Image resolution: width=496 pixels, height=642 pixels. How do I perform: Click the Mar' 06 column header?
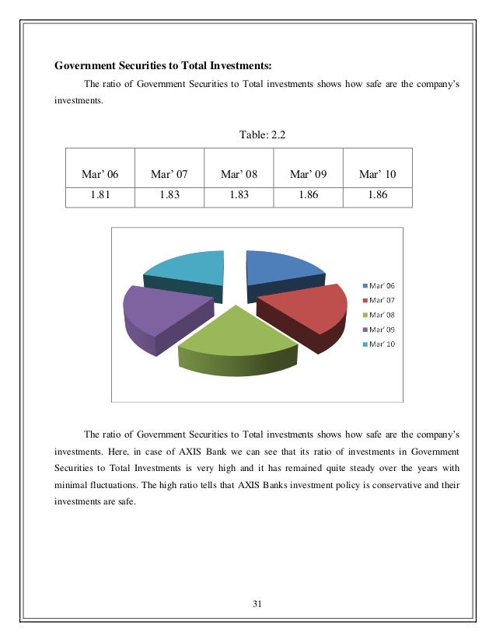(100, 174)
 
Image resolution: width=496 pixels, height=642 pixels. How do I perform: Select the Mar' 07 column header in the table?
(169, 174)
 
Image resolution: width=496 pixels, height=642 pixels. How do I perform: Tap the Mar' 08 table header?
(239, 174)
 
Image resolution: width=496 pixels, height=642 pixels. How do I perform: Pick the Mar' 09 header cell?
(309, 174)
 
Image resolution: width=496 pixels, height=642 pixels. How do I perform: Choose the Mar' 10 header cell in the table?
(378, 174)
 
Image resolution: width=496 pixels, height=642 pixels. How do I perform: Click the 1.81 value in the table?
(100, 196)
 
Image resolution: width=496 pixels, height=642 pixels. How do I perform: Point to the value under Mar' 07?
(169, 196)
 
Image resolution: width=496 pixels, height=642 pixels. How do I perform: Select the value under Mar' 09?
(309, 196)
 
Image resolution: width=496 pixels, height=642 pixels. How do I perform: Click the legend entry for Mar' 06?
(382, 285)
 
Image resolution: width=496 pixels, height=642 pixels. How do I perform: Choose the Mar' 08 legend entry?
(382, 315)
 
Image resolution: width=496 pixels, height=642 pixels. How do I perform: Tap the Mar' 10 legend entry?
(382, 344)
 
